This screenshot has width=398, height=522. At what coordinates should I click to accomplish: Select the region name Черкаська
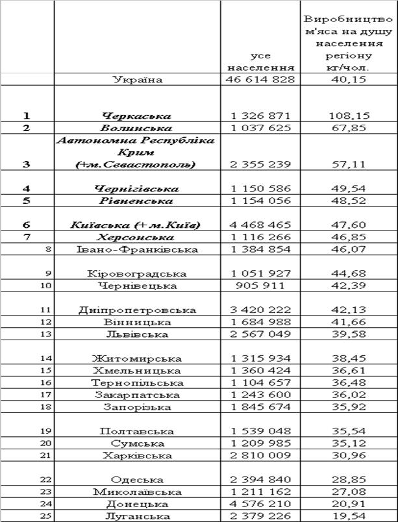(137, 116)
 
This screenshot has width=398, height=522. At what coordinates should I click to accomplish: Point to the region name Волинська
(137, 128)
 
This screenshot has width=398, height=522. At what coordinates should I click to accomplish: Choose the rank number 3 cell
(27, 164)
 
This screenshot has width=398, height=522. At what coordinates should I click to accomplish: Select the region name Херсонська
(137, 238)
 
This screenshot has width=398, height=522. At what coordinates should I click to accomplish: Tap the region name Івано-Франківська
(137, 249)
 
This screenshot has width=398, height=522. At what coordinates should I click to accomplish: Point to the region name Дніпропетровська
(137, 310)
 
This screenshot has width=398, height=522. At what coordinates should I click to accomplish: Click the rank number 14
(45, 358)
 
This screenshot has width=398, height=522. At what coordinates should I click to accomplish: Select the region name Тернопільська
(137, 383)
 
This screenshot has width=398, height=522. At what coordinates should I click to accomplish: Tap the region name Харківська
(137, 456)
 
